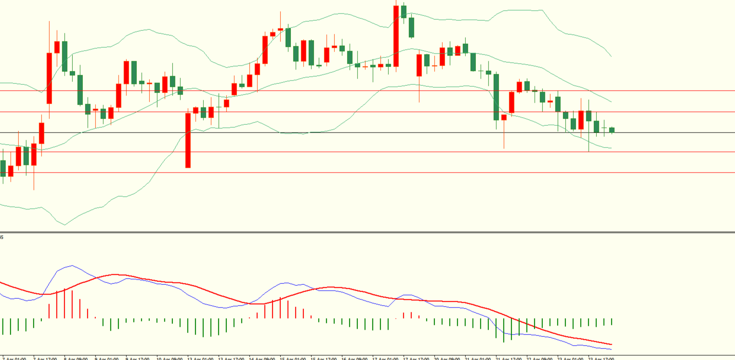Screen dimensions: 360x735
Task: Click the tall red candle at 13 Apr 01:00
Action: coord(188,140)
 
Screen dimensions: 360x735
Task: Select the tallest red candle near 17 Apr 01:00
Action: coord(396,36)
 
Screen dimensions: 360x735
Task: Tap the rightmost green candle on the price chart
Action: coord(612,130)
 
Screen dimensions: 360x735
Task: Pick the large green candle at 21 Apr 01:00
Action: coord(496,97)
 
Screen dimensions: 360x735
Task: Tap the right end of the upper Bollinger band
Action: coord(611,57)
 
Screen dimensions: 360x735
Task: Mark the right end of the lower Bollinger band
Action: coord(611,148)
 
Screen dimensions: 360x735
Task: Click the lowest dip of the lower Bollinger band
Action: coord(65,225)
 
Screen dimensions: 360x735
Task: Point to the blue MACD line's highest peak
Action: coord(72,266)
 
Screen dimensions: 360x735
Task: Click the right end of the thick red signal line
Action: coord(611,344)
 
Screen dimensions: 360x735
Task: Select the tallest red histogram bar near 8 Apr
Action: coord(65,303)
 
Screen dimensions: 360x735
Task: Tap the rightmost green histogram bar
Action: coord(612,322)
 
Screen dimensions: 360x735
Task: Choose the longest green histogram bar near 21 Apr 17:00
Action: coord(504,330)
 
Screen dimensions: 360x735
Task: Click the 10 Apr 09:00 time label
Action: coord(170,358)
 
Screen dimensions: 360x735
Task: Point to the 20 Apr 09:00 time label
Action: coord(447,358)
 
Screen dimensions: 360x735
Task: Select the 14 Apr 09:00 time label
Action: coord(262,358)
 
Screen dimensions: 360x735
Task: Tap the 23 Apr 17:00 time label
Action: coord(601,358)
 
